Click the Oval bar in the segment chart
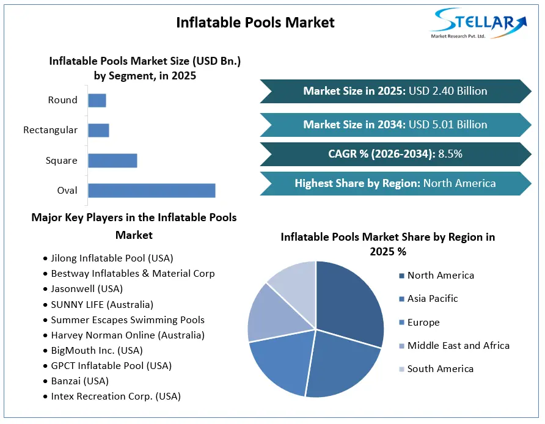152,191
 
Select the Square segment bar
112,161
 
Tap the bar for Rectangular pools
99,130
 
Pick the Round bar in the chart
97,100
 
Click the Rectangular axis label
50,130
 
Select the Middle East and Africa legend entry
455,345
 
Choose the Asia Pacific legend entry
428,299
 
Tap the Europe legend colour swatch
402,323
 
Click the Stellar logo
479,23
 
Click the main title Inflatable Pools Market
255,23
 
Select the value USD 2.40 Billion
448,91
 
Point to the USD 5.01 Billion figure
448,125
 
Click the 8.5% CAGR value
450,154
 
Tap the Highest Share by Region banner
395,183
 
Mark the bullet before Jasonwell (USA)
45,289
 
